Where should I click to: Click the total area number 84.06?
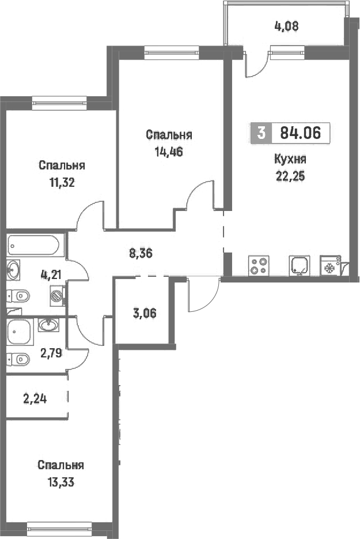[x=300, y=133]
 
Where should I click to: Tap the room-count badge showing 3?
[x=262, y=133]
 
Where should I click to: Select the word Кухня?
[x=290, y=160]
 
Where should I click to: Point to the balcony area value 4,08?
[x=286, y=26]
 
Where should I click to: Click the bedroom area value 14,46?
[x=168, y=152]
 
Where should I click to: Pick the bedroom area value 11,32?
[x=62, y=183]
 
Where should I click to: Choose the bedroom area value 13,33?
[x=61, y=483]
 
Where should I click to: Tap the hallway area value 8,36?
[x=141, y=254]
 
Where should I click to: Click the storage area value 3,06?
[x=144, y=313]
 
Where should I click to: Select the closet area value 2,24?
[x=35, y=399]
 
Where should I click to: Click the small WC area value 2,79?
[x=51, y=353]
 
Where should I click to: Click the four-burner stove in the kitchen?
[x=259, y=266]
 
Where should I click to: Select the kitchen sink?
[x=300, y=266]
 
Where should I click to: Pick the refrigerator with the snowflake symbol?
[x=331, y=265]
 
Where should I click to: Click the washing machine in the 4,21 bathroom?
[x=57, y=295]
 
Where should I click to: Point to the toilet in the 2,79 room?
[x=18, y=360]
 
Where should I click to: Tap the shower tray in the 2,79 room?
[x=20, y=331]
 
